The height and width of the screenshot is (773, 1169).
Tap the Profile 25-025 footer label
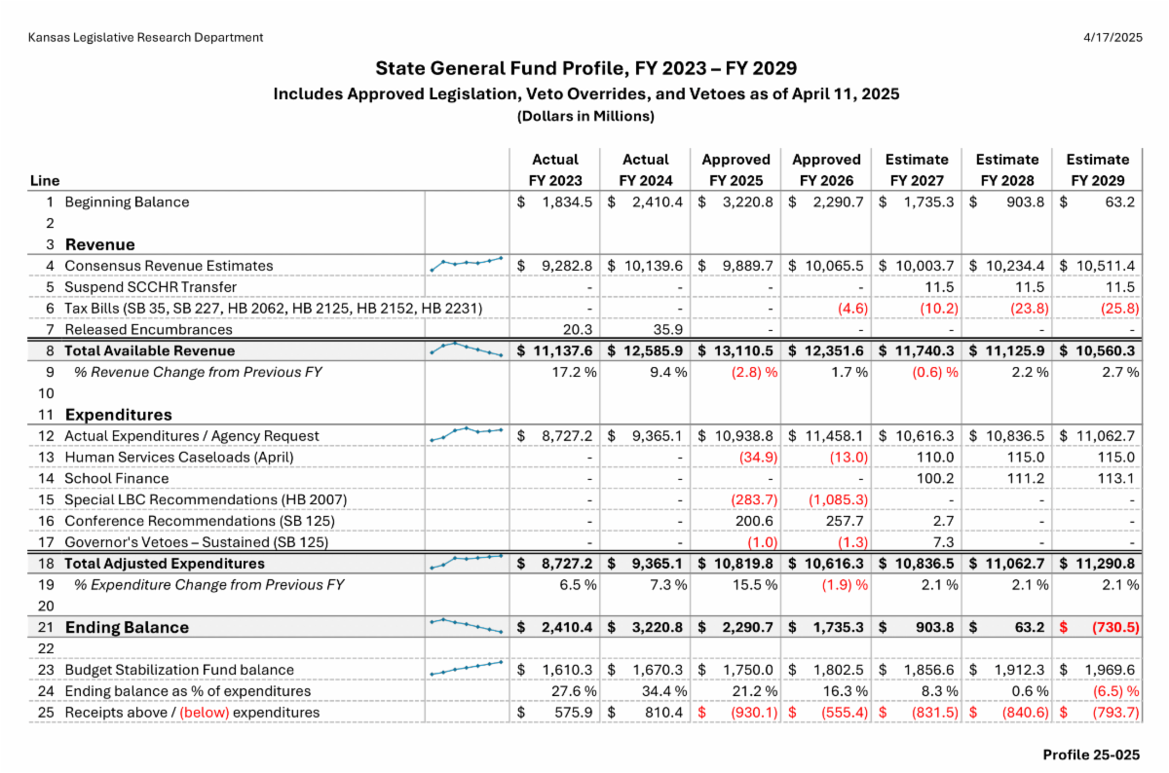pos(1091,755)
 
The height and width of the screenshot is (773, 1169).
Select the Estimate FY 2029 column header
pos(1098,169)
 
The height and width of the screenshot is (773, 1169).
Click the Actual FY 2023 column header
pos(554,169)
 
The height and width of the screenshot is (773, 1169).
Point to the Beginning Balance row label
pos(127,202)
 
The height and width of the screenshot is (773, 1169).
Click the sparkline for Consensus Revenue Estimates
pos(466,263)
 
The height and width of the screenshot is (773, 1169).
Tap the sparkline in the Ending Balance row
pos(466,625)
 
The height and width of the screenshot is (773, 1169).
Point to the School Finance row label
pos(116,478)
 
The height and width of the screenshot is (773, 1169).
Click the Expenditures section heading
pos(118,415)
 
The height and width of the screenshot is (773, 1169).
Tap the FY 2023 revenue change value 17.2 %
pos(573,372)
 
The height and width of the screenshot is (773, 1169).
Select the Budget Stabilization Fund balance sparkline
pos(466,668)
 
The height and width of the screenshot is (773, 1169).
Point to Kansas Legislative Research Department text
pos(145,38)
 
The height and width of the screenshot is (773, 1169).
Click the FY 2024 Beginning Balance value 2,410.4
pos(658,202)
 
